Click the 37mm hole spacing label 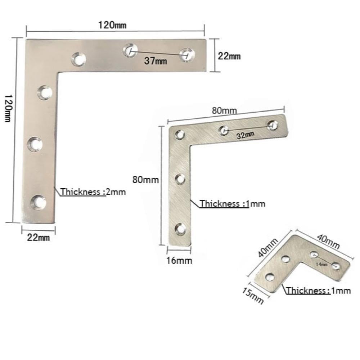tap(156, 61)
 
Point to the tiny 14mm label tap(321, 265)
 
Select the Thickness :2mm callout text tap(93, 192)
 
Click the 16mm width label tap(179, 260)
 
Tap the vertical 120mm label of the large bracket tap(9, 108)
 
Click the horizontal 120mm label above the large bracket tap(112, 25)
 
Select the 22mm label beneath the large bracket tap(39, 237)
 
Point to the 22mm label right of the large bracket tap(229, 56)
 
